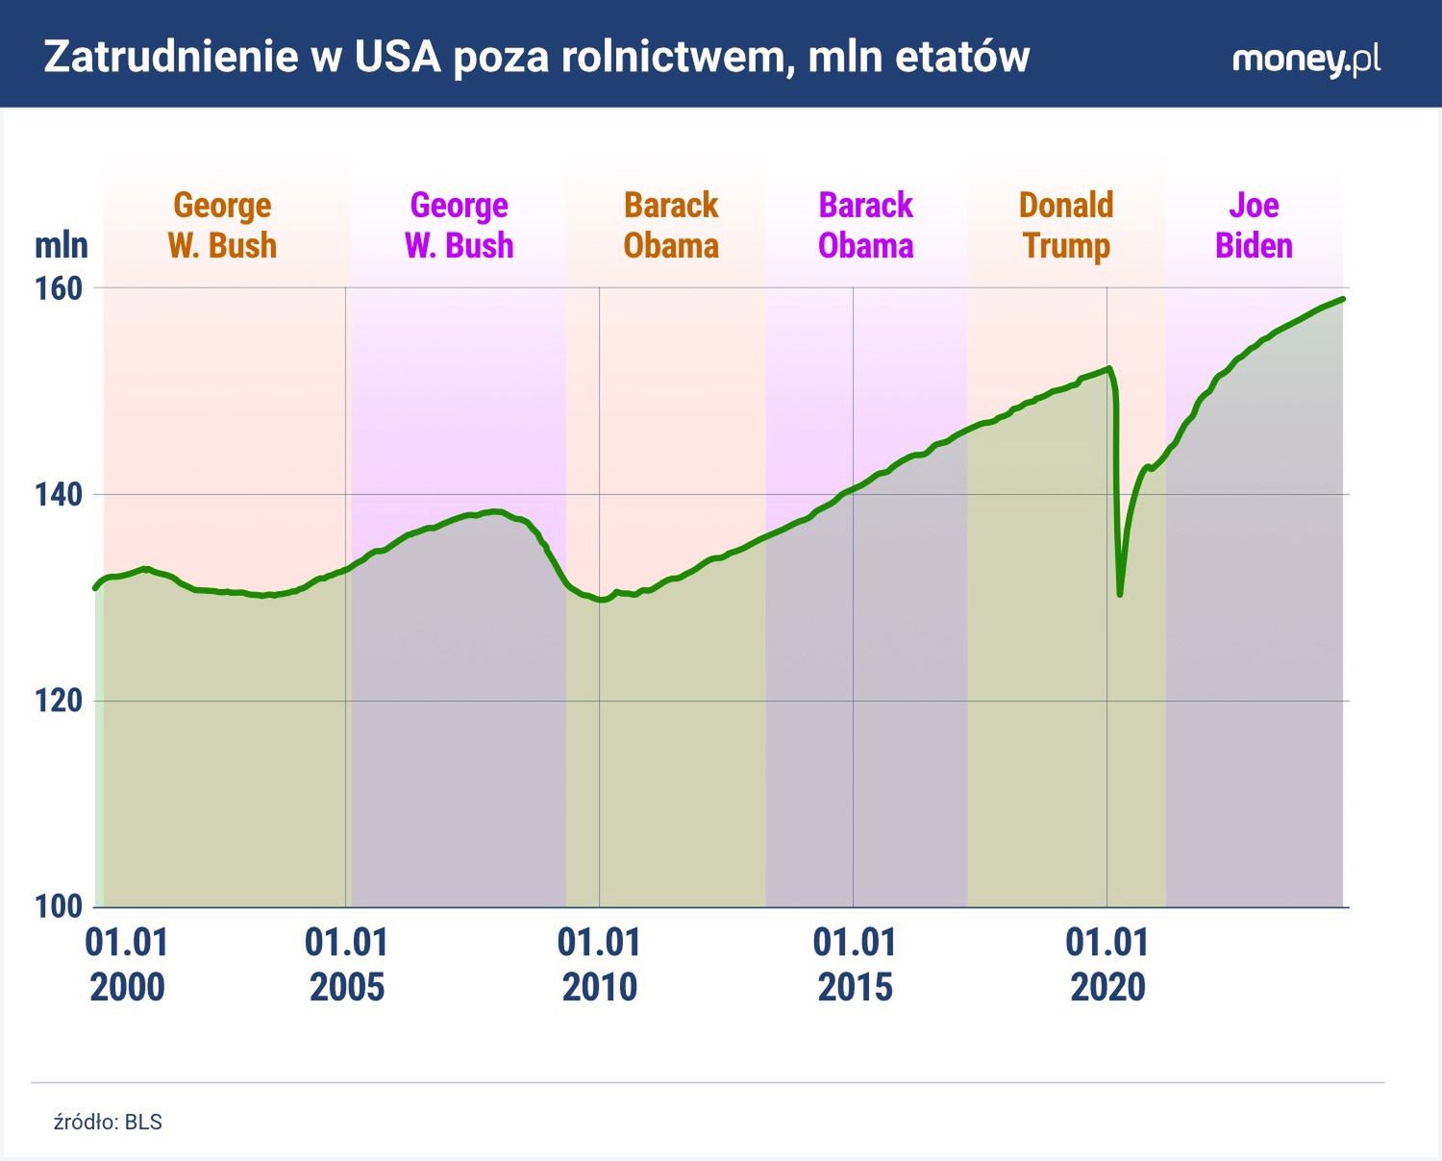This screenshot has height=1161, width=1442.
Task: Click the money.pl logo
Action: (1305, 60)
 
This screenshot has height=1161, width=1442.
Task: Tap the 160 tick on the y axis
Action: (60, 288)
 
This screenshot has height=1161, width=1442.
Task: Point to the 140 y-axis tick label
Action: (60, 495)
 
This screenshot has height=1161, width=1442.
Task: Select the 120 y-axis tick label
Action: (60, 701)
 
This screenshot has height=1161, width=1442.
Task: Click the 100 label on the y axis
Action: (60, 906)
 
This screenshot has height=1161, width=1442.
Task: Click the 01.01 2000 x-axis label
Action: (127, 965)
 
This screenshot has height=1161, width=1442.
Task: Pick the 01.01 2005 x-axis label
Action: (346, 965)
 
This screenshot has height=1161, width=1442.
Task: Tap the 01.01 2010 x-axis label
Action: (599, 965)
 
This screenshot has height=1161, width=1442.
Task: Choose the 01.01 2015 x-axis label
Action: (855, 965)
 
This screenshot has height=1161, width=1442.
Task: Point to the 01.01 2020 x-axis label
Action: (1107, 965)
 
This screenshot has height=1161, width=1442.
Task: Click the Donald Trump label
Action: (1066, 225)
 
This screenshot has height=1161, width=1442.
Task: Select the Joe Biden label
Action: (1254, 225)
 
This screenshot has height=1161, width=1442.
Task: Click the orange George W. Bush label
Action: (222, 225)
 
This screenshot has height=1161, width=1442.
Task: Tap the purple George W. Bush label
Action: (460, 225)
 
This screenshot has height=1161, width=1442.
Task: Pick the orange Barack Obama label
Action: (671, 225)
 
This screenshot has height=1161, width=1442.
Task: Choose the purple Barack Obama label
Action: (865, 225)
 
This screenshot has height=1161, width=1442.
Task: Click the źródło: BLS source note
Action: (108, 1122)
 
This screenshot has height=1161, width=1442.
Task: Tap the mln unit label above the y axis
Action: (62, 245)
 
